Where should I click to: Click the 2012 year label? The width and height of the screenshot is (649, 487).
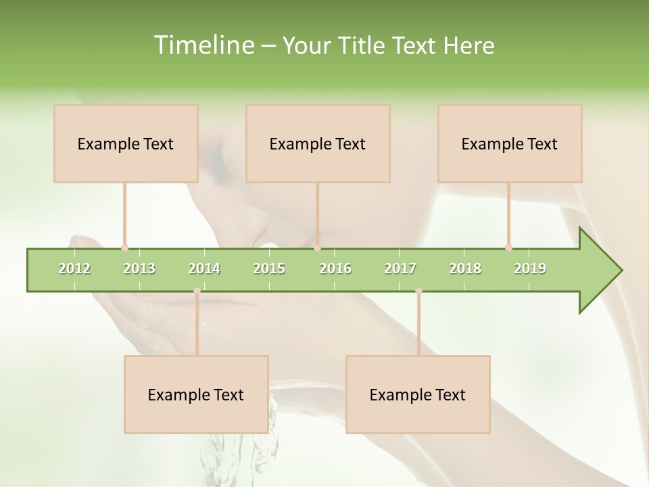click(74, 269)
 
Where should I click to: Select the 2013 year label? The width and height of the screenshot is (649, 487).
click(139, 269)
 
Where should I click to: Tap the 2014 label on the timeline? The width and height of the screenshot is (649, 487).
click(204, 269)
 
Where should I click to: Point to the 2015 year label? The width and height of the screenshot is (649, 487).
click(269, 269)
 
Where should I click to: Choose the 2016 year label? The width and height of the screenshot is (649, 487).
click(335, 269)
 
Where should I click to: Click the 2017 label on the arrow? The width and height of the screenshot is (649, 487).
click(400, 269)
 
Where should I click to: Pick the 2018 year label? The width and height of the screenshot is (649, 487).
click(465, 269)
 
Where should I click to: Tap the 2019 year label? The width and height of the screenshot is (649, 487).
click(530, 269)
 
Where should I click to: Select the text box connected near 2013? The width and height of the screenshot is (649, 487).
click(126, 143)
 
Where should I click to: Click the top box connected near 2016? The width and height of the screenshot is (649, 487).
click(318, 143)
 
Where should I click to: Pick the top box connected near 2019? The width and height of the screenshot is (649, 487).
click(510, 143)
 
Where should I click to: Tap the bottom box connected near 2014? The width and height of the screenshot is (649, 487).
click(196, 394)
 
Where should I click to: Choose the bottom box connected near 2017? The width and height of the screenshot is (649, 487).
click(418, 394)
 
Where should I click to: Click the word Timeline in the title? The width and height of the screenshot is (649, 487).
click(203, 45)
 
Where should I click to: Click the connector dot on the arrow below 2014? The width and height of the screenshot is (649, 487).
click(197, 291)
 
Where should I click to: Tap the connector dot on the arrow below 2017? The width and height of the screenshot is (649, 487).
click(418, 291)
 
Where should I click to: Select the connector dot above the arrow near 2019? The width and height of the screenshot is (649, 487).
click(508, 248)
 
